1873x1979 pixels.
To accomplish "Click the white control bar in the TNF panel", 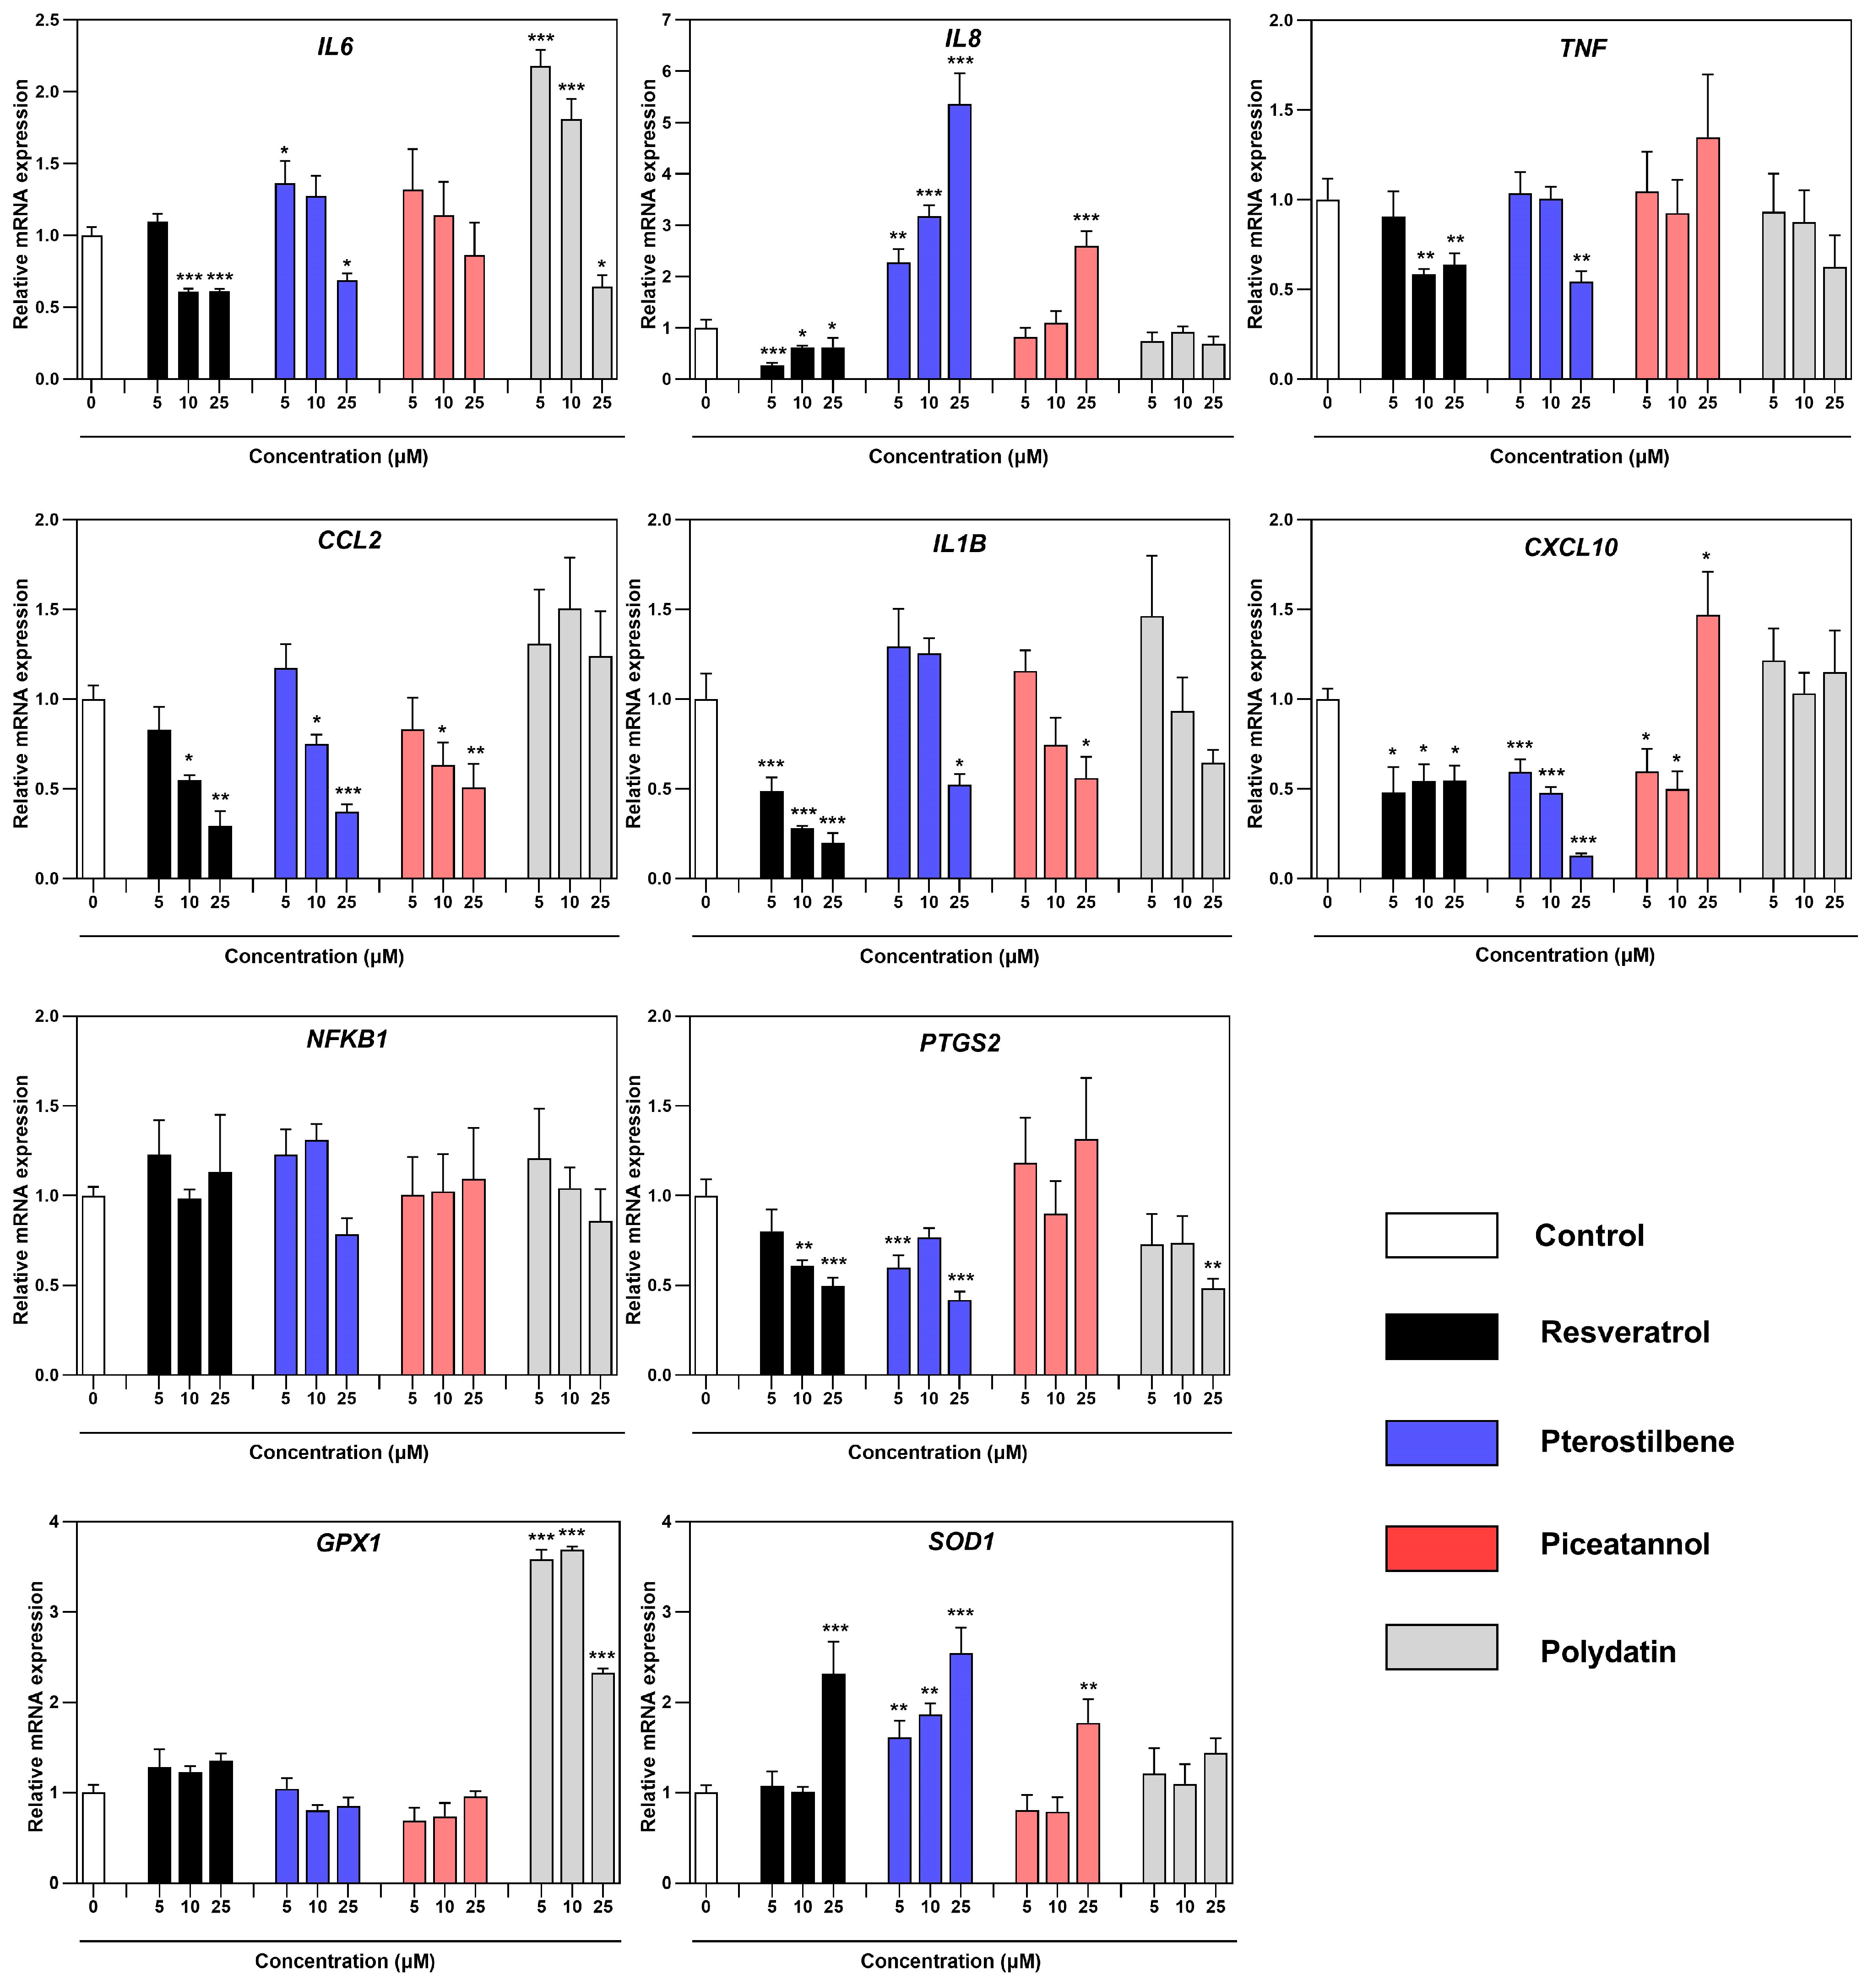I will (x=1327, y=290).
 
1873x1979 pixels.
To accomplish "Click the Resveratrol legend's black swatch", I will (x=1441, y=1336).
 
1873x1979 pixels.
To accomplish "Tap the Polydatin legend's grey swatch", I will (x=1441, y=1647).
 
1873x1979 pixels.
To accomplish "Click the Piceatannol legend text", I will (x=1624, y=1544).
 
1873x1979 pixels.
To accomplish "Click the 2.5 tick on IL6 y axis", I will (x=47, y=20).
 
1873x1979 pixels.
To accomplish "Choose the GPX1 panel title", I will (x=348, y=1543).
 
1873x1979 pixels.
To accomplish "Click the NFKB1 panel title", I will (x=347, y=1040).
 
